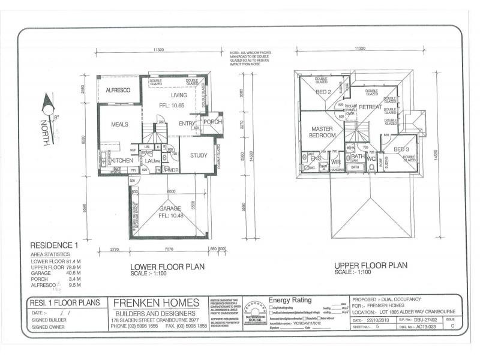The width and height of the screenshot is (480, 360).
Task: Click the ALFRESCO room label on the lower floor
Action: tap(118, 90)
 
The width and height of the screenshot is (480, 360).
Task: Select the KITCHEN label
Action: tap(122, 161)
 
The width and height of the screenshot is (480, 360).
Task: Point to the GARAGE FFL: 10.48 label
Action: tap(170, 212)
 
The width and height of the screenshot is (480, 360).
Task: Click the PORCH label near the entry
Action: tap(212, 122)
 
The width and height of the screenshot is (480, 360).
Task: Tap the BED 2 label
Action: tap(323, 92)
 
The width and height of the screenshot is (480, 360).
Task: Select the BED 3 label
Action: tap(401, 149)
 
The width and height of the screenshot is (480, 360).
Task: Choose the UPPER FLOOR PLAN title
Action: tap(371, 265)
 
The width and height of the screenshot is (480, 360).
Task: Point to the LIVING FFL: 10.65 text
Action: tap(179, 100)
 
